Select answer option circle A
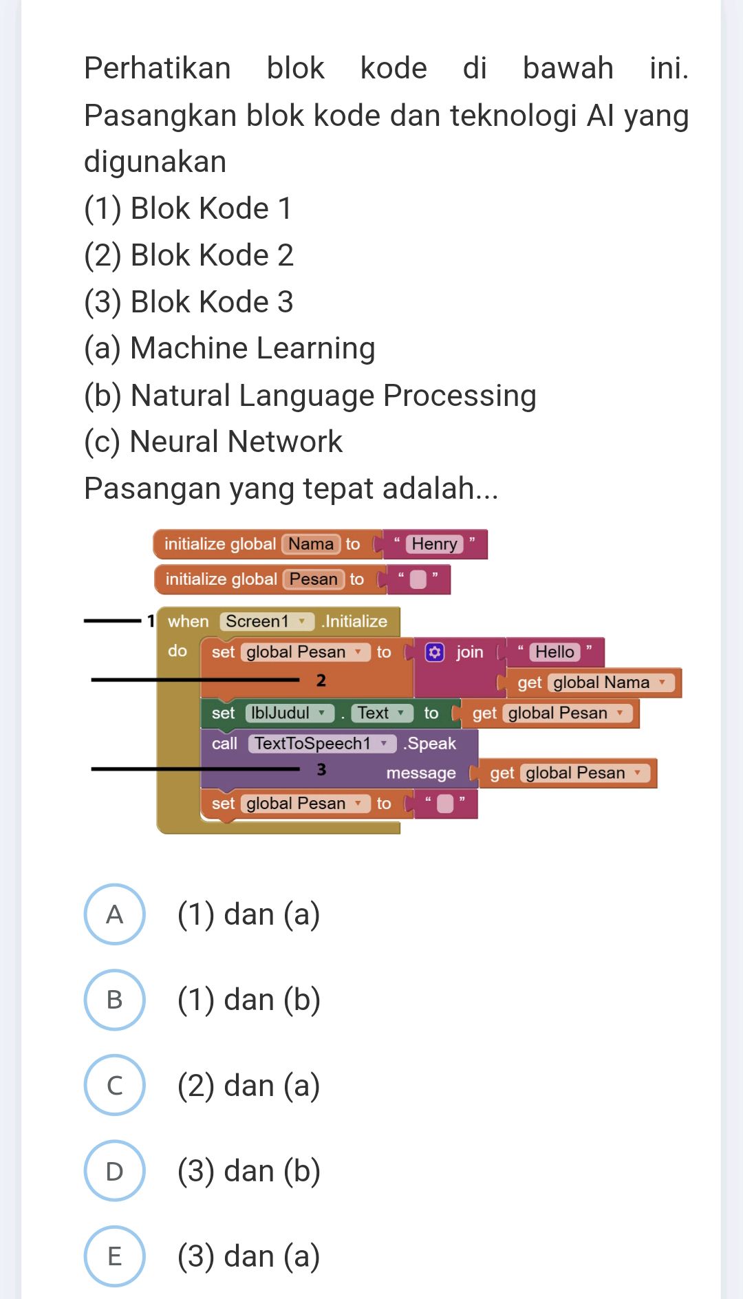(x=114, y=914)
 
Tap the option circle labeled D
(x=114, y=1170)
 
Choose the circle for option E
(x=114, y=1256)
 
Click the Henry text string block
(x=434, y=544)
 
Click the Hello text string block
(x=554, y=652)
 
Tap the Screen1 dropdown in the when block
(x=266, y=621)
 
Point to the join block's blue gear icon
(x=435, y=652)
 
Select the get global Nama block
(x=593, y=683)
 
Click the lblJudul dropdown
(x=289, y=713)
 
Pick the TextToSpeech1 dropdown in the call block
(x=321, y=744)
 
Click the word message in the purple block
(x=421, y=773)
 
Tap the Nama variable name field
(x=311, y=544)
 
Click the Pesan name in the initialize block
(x=313, y=579)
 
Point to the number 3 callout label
(x=321, y=769)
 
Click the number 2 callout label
(x=321, y=680)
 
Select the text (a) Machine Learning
(x=230, y=348)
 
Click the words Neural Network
(x=236, y=442)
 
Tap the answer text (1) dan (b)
(x=249, y=1000)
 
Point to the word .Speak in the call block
(x=430, y=744)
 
